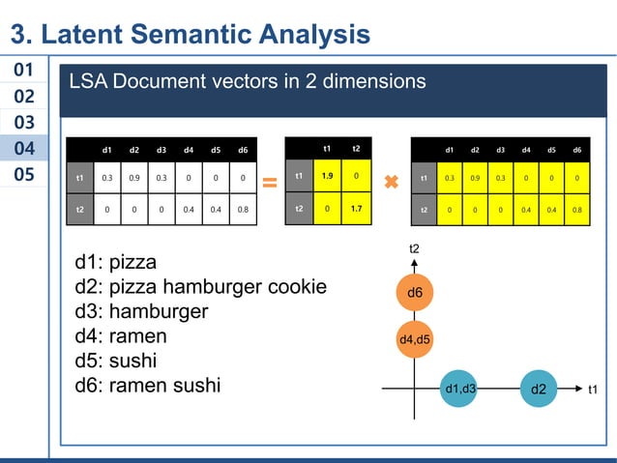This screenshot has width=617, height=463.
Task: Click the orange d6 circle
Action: click(x=414, y=292)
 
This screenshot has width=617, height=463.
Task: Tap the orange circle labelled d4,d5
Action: click(x=415, y=339)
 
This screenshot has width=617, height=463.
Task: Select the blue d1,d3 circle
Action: click(x=459, y=389)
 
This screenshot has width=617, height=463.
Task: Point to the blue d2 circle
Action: click(x=539, y=389)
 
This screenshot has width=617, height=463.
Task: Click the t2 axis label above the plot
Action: click(x=414, y=249)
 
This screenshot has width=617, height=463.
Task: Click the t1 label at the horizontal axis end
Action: click(x=595, y=389)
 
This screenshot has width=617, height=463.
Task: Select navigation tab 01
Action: click(x=24, y=71)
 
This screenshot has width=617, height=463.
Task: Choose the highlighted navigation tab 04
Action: click(x=24, y=149)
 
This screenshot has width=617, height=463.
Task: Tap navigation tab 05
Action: click(x=24, y=175)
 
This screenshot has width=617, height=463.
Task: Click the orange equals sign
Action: click(x=270, y=181)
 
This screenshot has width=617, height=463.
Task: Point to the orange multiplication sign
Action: click(x=391, y=182)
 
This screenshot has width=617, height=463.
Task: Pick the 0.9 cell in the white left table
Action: click(x=133, y=178)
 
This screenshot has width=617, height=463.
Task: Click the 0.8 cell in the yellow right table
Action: click(x=576, y=209)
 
